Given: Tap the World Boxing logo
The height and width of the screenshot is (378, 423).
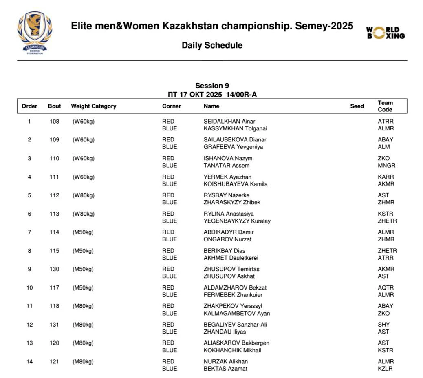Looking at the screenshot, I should (385, 33).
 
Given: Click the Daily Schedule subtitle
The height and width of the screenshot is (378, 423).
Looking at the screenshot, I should (212, 45).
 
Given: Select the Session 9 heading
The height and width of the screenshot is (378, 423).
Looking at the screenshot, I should (212, 86).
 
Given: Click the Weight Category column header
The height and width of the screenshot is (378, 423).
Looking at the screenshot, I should (93, 106).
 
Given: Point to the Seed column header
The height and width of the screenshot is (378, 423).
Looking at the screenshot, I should (357, 106).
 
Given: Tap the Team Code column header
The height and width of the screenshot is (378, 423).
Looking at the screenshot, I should (385, 106).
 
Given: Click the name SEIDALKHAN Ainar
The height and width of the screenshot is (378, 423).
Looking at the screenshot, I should (229, 121).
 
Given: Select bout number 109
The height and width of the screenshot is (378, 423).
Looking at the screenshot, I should (54, 140).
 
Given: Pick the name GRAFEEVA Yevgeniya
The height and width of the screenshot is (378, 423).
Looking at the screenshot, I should (233, 147).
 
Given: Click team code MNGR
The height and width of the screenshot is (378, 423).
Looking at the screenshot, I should (386, 166).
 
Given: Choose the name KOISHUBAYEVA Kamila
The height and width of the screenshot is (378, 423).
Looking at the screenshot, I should (236, 184).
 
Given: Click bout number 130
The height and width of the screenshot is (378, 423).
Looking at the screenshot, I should (54, 269).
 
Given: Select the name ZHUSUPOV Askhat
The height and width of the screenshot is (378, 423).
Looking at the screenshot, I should (229, 276).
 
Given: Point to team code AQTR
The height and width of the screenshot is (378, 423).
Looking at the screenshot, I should (386, 287).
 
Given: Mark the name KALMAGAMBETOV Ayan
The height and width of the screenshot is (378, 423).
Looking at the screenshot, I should (237, 313).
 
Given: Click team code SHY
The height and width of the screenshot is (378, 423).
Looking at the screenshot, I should (383, 325).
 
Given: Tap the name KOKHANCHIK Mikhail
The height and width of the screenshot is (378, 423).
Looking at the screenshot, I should (232, 350).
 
